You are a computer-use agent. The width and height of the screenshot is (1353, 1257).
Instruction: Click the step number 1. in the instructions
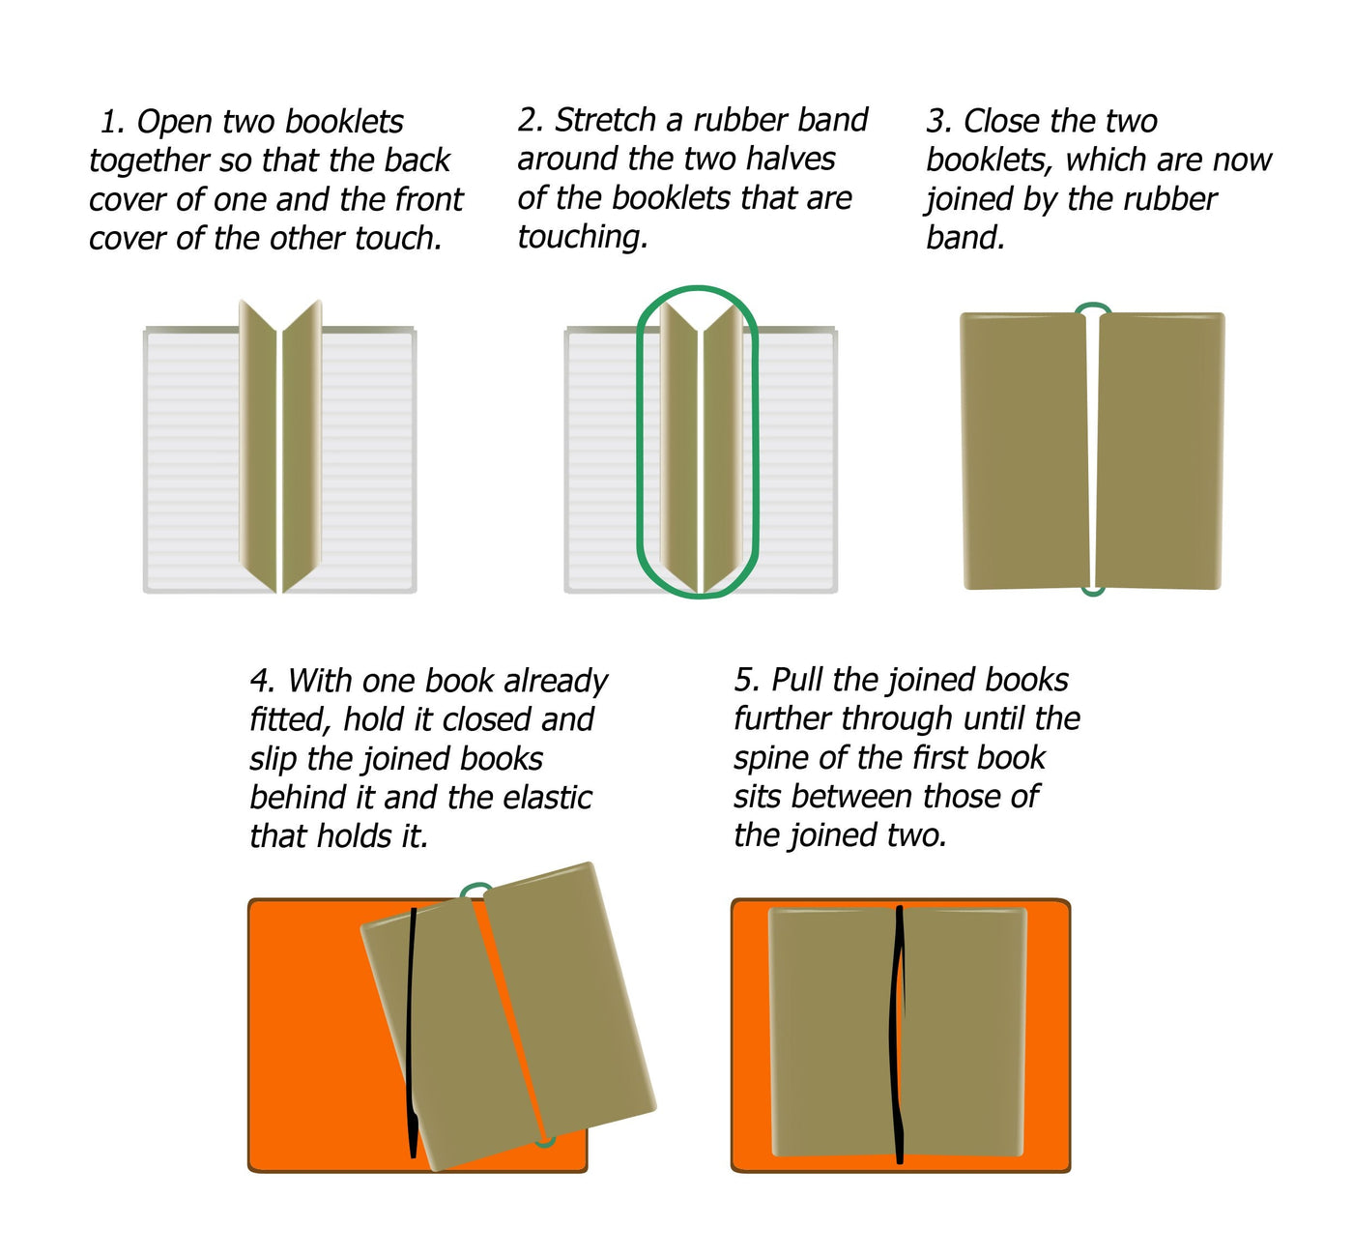[x=112, y=122]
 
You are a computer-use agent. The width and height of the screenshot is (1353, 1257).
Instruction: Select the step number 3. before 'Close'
[x=939, y=122]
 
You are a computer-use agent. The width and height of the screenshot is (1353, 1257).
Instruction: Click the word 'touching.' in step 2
[x=583, y=237]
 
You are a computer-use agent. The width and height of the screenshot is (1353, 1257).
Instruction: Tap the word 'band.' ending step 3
[x=965, y=238]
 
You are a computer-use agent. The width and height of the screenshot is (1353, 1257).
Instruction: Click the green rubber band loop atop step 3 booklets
[x=1092, y=308]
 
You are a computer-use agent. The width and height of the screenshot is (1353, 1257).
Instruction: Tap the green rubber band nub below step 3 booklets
[x=1092, y=591]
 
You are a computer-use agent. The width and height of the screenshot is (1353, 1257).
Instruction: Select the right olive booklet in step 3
[x=1160, y=450]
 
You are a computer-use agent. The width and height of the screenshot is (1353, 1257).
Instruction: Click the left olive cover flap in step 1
[x=258, y=445]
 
